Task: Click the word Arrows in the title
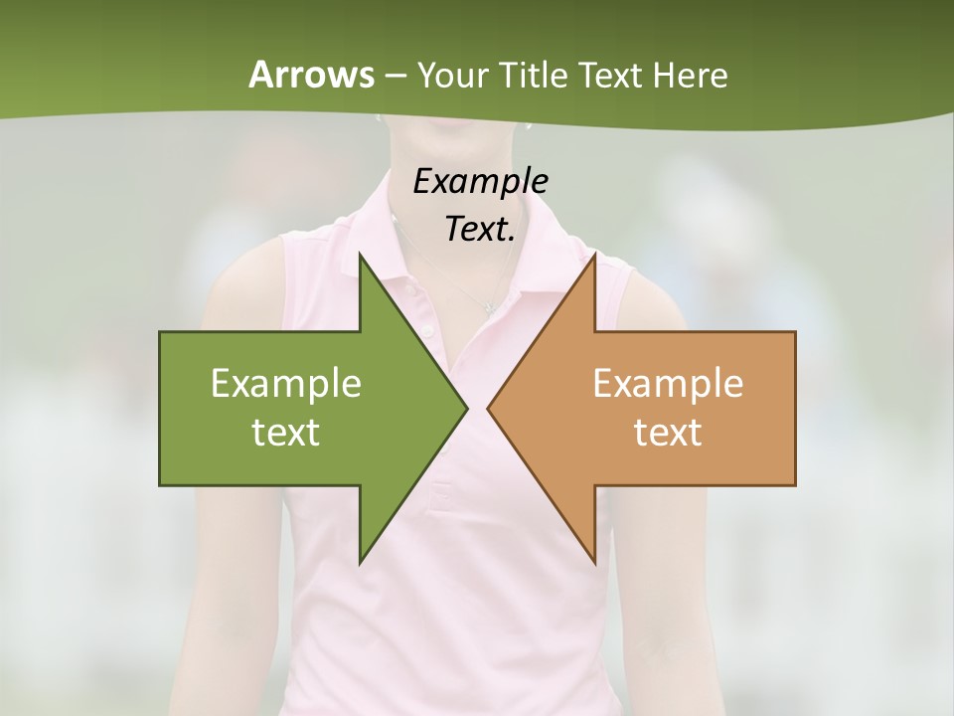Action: point(311,75)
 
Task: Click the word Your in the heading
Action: point(453,75)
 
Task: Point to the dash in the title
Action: point(395,76)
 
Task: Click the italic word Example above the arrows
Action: point(480,181)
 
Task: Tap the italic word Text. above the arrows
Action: point(480,229)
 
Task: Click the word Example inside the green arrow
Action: point(286,383)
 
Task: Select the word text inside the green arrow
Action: point(286,433)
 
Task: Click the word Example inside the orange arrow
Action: point(668,383)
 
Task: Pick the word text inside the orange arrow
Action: point(668,433)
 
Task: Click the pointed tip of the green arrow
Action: point(467,408)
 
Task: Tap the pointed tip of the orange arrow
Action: point(488,408)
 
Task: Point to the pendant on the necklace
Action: point(488,307)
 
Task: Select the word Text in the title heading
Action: point(608,75)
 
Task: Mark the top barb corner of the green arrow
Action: point(360,254)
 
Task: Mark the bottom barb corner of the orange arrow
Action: point(594,563)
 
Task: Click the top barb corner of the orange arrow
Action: point(594,254)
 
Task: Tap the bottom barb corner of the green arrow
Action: point(360,563)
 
